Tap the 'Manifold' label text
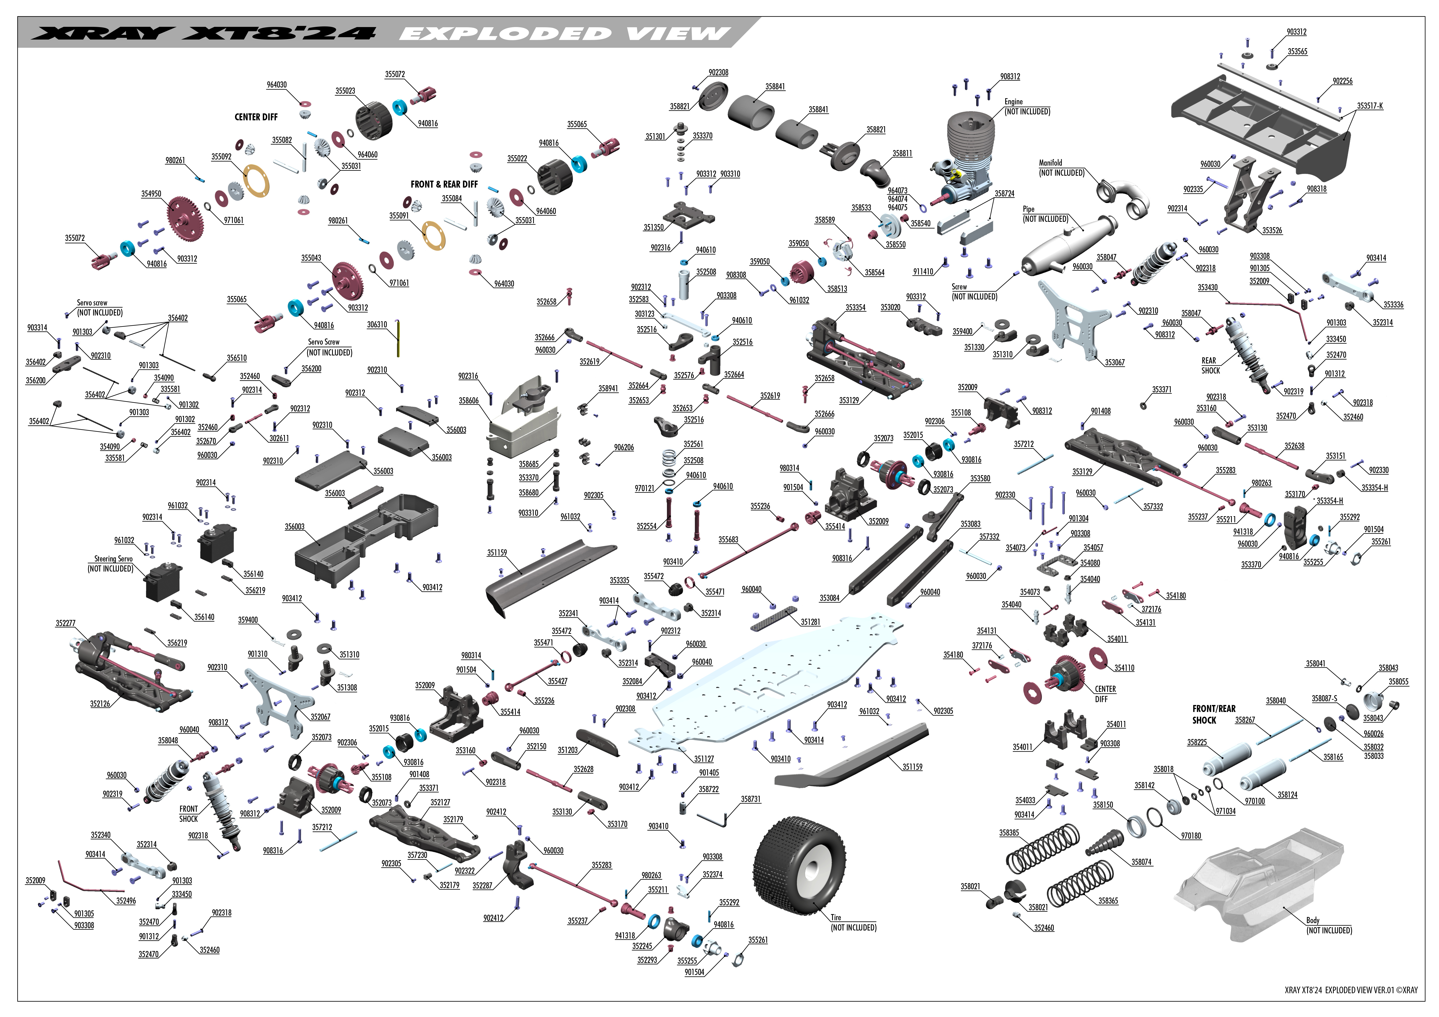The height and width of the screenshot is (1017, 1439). (x=1050, y=163)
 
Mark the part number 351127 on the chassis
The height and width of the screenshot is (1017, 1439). (x=704, y=759)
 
